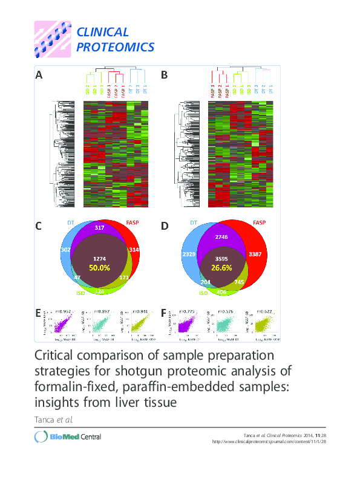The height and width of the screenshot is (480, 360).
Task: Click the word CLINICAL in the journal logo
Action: pyautogui.click(x=102, y=33)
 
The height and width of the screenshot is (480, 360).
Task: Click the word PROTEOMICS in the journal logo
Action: pyautogui.click(x=115, y=47)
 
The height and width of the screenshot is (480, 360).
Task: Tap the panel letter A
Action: pyautogui.click(x=39, y=76)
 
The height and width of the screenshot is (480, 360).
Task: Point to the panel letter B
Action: pyautogui.click(x=164, y=76)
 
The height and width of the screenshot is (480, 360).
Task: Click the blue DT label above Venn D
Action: pyautogui.click(x=194, y=223)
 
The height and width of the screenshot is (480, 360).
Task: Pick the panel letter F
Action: pyautogui.click(x=163, y=313)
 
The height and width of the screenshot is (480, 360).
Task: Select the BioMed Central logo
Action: pyautogui.click(x=67, y=436)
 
